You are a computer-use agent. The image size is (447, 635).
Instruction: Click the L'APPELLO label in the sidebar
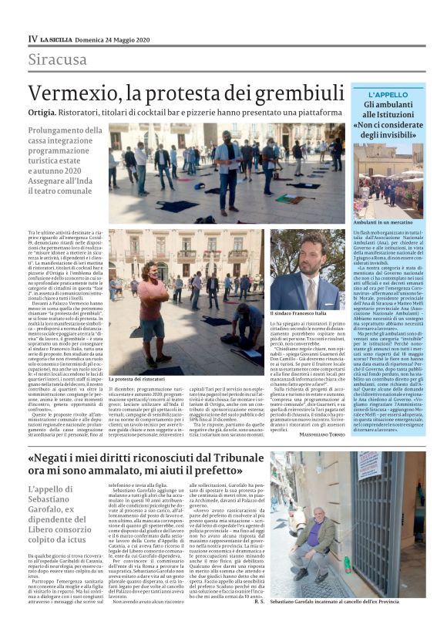point(388,95)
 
